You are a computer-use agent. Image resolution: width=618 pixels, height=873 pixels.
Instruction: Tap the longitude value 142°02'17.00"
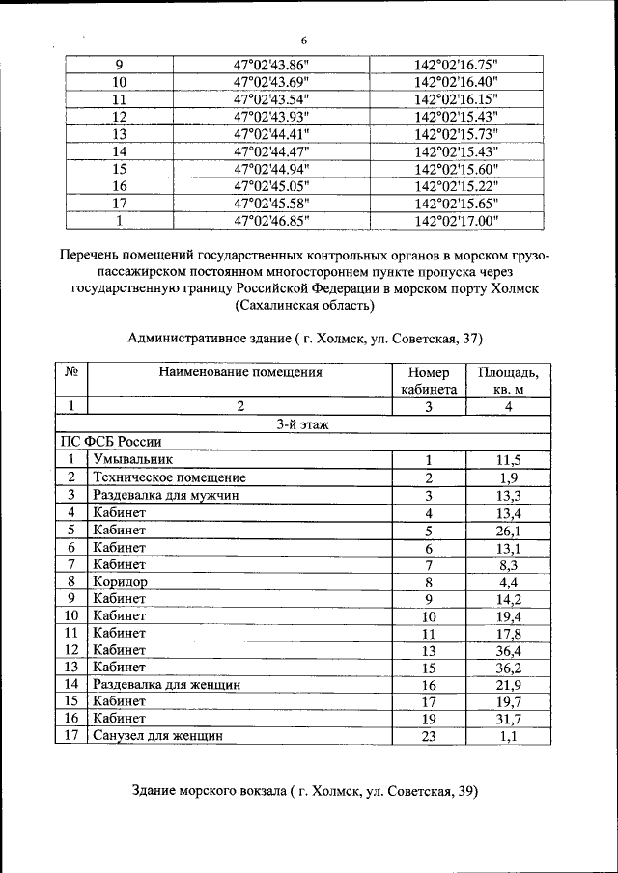click(456, 220)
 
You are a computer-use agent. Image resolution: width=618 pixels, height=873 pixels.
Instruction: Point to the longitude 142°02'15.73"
click(456, 134)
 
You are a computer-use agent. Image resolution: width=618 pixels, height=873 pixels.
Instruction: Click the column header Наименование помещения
click(240, 370)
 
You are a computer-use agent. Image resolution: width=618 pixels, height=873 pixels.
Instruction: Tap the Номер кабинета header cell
click(429, 380)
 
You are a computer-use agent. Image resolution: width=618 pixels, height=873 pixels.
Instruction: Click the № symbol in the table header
click(71, 370)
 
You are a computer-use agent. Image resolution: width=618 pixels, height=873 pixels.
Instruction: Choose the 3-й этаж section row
click(303, 423)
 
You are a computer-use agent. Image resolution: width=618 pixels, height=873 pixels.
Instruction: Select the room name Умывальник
click(134, 459)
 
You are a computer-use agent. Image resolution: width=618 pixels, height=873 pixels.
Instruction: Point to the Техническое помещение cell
click(169, 477)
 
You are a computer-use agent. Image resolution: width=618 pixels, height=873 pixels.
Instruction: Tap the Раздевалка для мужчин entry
click(165, 494)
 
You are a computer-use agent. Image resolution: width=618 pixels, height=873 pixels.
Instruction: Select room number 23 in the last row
click(429, 735)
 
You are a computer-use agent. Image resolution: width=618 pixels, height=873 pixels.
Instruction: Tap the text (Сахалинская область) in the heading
click(303, 306)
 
